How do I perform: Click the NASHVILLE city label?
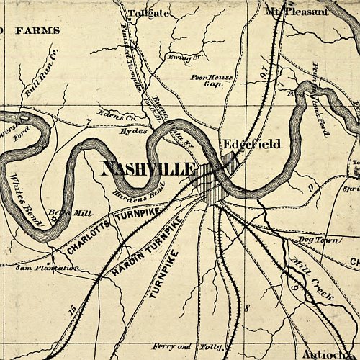(x=149, y=169)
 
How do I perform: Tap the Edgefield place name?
(x=251, y=144)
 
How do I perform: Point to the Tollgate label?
(x=148, y=14)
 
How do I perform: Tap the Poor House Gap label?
(x=205, y=79)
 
